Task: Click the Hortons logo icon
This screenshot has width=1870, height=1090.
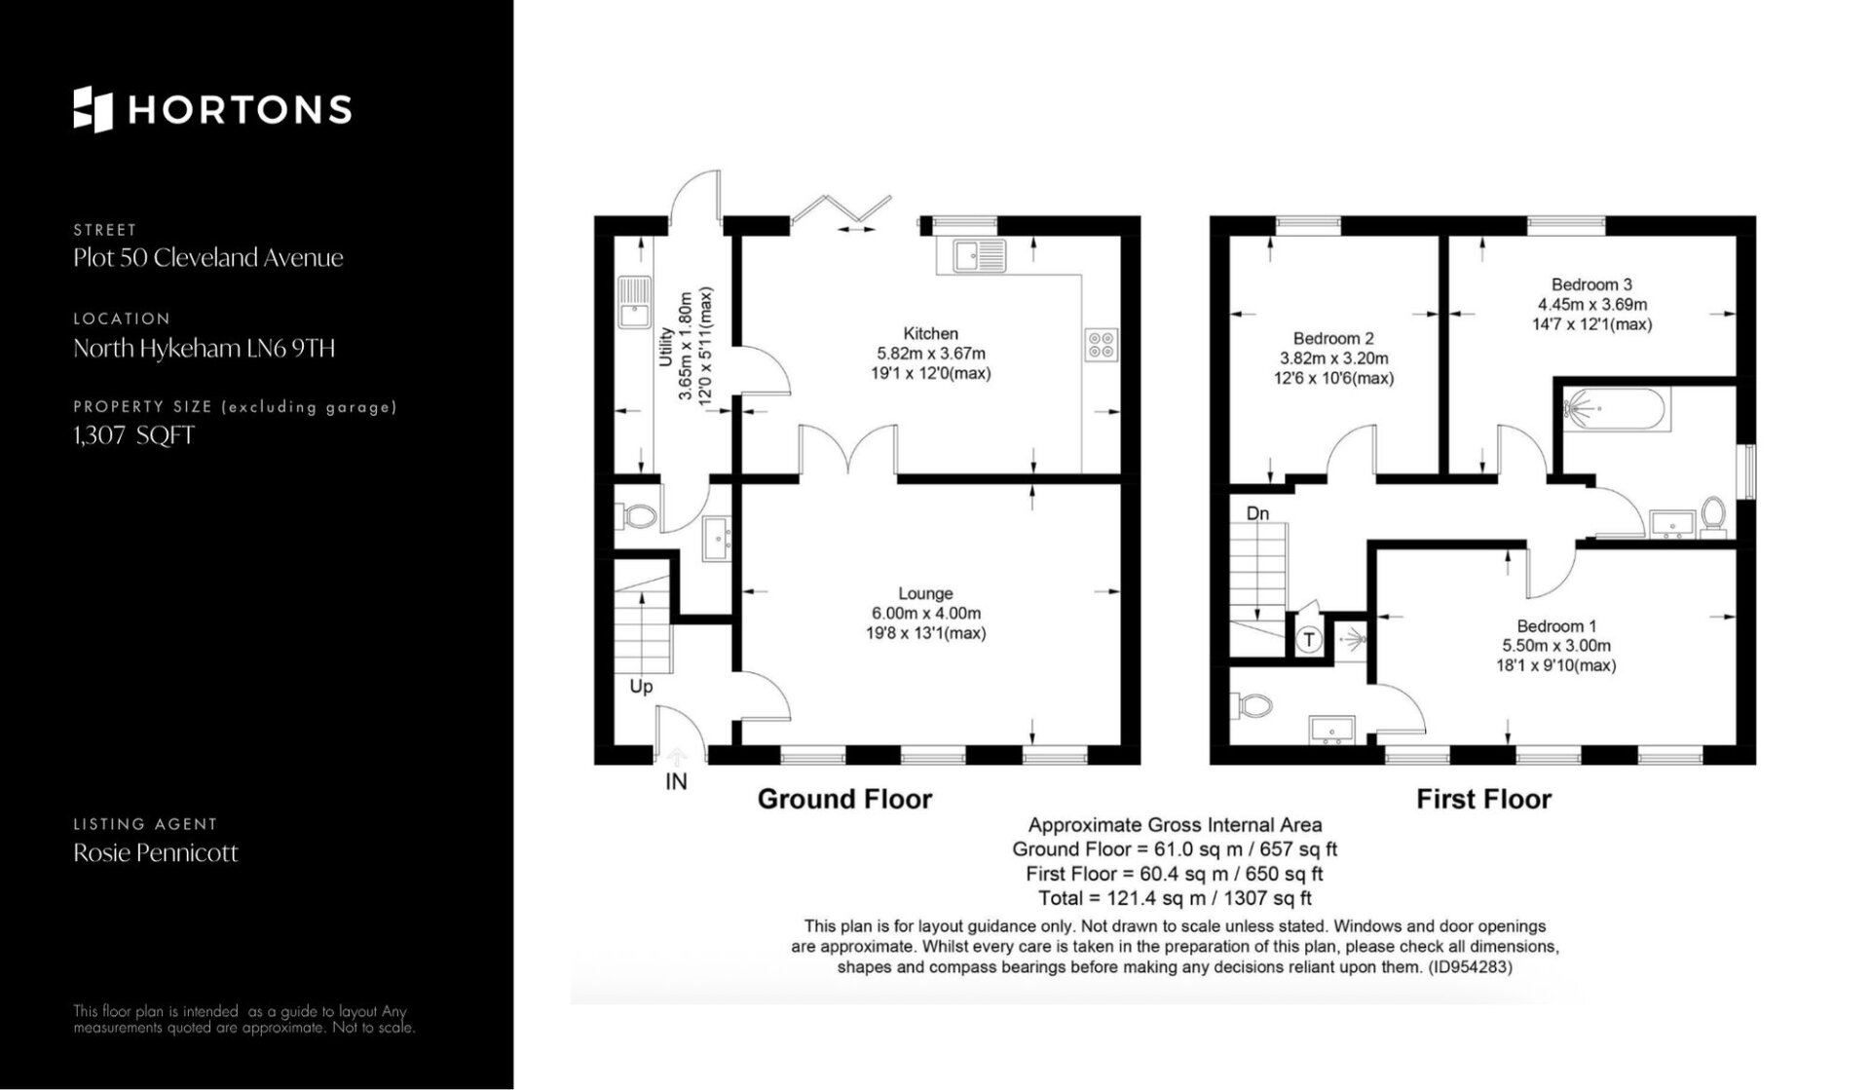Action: pos(93,109)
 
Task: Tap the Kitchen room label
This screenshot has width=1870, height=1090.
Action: pos(930,333)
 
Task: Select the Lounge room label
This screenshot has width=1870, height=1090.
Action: pos(925,593)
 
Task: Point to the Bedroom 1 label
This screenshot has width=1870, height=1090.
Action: pos(1556,626)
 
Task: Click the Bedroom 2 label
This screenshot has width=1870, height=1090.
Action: pos(1333,338)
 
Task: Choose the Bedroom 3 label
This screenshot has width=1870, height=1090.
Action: pos(1591,284)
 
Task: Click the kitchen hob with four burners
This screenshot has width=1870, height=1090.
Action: pos(1102,344)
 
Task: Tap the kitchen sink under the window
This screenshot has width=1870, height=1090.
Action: pos(980,255)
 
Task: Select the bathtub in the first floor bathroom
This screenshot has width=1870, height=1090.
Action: pos(1616,409)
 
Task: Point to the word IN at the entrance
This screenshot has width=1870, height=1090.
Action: pos(676,781)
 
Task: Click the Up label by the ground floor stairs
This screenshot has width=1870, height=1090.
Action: pos(641,687)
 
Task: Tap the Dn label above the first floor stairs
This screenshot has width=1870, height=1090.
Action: pos(1257,513)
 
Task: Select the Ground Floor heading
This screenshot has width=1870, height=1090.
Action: pos(844,800)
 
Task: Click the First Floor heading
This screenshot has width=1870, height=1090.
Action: pos(1483,800)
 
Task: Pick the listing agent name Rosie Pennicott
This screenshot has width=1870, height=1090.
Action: pos(156,853)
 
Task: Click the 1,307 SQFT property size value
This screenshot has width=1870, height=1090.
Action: pos(134,435)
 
